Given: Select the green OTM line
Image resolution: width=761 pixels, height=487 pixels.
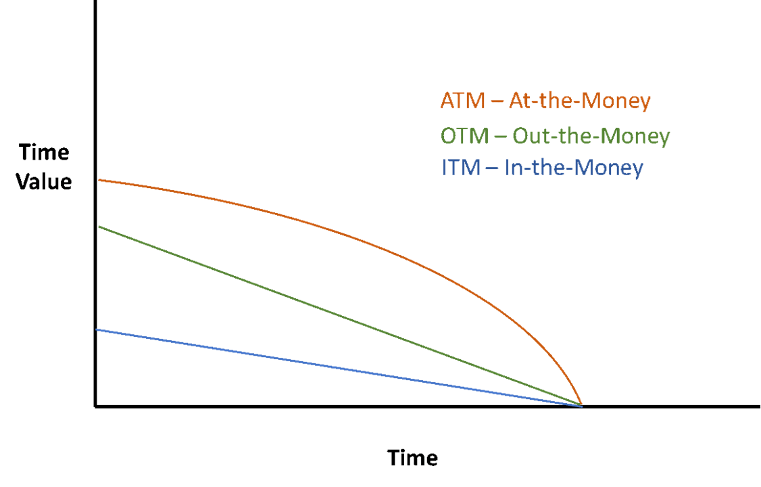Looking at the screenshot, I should click(338, 315).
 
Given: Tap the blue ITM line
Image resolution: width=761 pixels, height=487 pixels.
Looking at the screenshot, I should click(338, 368).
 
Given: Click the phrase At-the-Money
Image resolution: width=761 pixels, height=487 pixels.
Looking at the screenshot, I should click(582, 101).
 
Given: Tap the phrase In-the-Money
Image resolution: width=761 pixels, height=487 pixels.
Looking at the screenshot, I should click(574, 167).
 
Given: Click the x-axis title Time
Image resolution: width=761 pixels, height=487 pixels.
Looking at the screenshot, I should click(412, 458).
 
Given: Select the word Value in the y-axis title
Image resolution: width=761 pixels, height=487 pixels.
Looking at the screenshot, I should click(44, 182).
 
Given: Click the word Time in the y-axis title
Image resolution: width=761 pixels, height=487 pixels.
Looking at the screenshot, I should click(44, 152).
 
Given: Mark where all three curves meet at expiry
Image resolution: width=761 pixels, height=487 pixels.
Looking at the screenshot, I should click(581, 405).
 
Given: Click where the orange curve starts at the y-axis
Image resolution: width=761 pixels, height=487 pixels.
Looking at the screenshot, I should click(98, 180).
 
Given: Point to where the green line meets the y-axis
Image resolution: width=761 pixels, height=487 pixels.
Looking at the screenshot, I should click(98, 227).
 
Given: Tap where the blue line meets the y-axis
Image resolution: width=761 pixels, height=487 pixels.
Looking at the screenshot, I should click(98, 329).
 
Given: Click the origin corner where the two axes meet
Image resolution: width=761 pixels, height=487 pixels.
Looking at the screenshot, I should click(96, 407).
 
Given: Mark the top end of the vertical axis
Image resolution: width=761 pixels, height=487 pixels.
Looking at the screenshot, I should click(96, 3).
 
